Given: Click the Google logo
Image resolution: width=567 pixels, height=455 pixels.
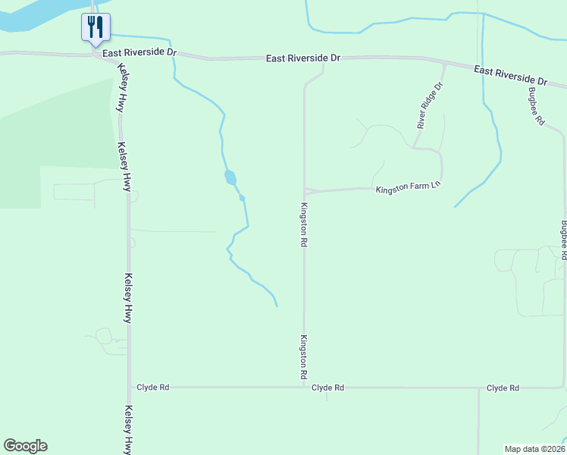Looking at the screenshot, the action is (x=25, y=446).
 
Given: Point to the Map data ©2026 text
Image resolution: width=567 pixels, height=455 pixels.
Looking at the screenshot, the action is (x=534, y=448).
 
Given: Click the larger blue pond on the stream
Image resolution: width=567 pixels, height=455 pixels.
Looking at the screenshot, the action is (x=230, y=178).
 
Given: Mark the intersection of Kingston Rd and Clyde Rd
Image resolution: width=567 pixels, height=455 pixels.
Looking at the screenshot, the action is (x=305, y=387).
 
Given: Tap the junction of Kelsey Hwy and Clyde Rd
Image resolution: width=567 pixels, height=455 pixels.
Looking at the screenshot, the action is (x=129, y=387).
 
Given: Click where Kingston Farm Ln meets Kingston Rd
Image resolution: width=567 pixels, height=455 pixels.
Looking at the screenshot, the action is (x=305, y=191).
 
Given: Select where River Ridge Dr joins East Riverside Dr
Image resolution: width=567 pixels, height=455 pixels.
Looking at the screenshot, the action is (x=444, y=64).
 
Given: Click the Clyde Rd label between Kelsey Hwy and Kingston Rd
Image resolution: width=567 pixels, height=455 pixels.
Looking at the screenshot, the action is (x=152, y=387).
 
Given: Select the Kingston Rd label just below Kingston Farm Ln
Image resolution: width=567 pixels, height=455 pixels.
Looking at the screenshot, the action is (x=303, y=225).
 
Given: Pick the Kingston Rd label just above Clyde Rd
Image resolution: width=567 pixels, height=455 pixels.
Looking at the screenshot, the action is (x=303, y=357).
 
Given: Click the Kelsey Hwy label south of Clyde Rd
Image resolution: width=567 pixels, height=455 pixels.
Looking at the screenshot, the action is (x=127, y=428).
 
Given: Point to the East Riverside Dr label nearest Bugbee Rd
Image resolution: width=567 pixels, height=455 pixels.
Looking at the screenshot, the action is (x=511, y=74).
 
